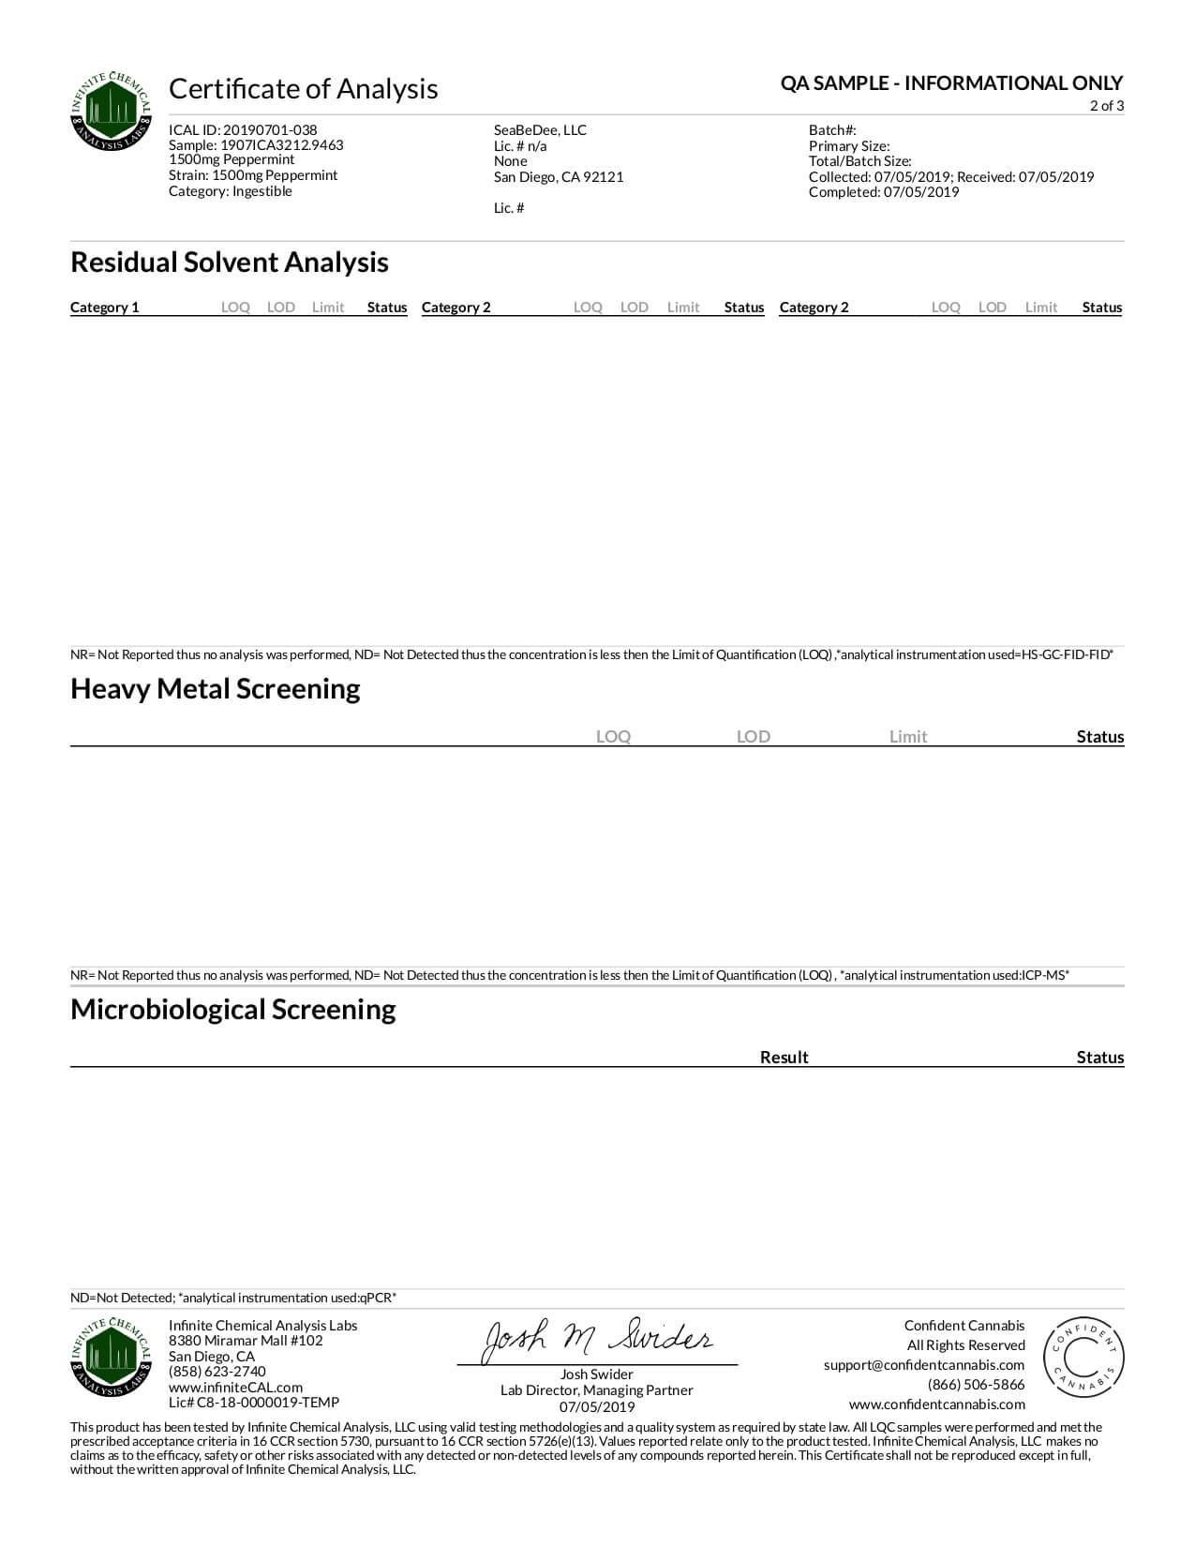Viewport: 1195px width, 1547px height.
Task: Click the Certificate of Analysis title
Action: (x=303, y=88)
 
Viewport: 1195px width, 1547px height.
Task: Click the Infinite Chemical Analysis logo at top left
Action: (x=112, y=111)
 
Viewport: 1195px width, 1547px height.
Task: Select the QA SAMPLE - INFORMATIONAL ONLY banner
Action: (x=951, y=83)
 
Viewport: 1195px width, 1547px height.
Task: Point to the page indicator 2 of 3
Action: (x=1106, y=106)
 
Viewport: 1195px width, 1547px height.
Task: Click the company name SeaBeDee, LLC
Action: (x=540, y=130)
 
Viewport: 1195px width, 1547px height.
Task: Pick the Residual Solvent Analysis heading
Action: (x=230, y=263)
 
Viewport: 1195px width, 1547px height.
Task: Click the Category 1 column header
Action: (x=105, y=308)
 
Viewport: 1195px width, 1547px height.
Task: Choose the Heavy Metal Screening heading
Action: (x=216, y=689)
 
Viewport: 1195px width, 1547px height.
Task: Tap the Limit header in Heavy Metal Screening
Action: (x=907, y=737)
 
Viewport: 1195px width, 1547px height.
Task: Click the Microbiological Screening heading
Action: (x=233, y=1010)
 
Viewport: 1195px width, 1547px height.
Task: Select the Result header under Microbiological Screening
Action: (x=784, y=1058)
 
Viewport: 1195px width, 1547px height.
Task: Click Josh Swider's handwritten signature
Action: (x=597, y=1340)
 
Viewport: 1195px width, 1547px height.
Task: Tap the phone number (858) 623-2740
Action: (x=217, y=1372)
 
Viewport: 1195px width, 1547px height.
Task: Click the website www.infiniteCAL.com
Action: (x=235, y=1388)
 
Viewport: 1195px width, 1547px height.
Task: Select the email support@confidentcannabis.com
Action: (x=924, y=1365)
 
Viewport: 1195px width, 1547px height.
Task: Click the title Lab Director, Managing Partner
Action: (x=597, y=1390)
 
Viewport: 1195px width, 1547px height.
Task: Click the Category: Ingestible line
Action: (x=231, y=191)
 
